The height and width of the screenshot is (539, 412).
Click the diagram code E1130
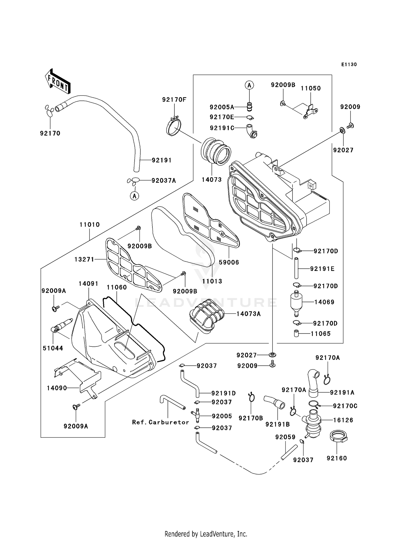click(x=349, y=65)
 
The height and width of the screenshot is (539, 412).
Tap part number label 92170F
click(x=174, y=100)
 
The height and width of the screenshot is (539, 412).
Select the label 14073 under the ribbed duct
click(x=211, y=180)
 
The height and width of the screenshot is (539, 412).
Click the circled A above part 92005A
click(x=249, y=85)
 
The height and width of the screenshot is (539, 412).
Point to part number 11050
click(x=311, y=88)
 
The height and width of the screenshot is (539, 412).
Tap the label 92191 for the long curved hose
click(x=162, y=160)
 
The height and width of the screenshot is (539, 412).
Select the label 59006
click(x=229, y=262)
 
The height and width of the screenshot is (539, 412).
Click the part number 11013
click(x=212, y=281)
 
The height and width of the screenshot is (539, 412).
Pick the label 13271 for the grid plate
click(x=84, y=259)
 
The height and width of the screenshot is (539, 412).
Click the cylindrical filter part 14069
click(x=296, y=302)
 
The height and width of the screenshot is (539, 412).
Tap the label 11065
click(x=321, y=334)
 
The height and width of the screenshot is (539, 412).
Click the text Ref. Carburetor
click(x=161, y=422)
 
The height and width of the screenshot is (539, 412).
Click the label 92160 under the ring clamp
click(x=337, y=458)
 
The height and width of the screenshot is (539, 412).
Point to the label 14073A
click(x=248, y=314)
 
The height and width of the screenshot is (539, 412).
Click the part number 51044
click(x=53, y=348)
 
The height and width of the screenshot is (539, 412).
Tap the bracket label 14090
click(x=57, y=388)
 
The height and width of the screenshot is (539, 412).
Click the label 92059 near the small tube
click(x=285, y=437)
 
